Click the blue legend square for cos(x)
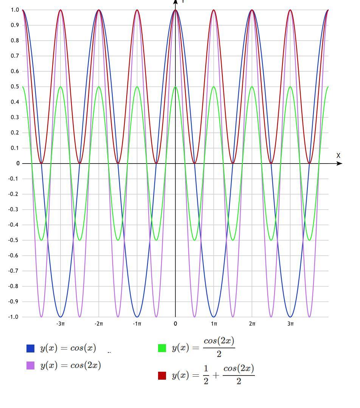point(31,348)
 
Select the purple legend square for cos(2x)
point(31,365)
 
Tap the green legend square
point(162,348)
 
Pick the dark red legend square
point(162,376)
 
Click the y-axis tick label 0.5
point(15,87)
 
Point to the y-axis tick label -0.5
point(14,240)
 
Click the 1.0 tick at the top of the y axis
point(15,10)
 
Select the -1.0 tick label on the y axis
point(14,317)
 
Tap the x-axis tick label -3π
point(61,324)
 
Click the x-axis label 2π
point(252,324)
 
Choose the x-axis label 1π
point(214,324)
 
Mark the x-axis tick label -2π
point(99,324)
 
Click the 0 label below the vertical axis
point(175,324)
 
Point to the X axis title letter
point(338,156)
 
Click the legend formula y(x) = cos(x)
point(68,348)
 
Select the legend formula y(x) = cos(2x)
point(71,365)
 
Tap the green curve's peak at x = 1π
point(214,87)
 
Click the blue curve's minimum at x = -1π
point(137,317)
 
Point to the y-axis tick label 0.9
point(15,25)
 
